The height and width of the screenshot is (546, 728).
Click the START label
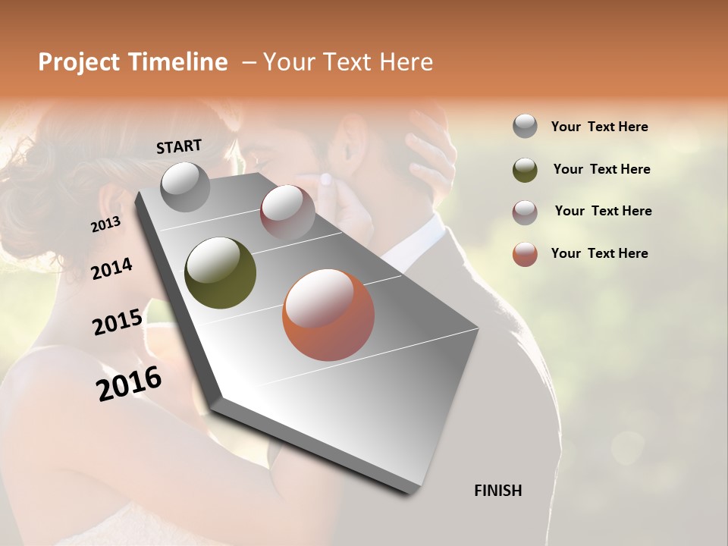click(x=179, y=146)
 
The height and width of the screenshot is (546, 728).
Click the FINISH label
click(x=497, y=491)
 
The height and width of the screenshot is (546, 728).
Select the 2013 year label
click(x=105, y=224)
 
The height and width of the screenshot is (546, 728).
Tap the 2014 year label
click(x=111, y=268)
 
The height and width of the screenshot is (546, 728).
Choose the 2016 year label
click(x=129, y=384)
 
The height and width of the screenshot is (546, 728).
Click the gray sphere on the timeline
click(x=185, y=187)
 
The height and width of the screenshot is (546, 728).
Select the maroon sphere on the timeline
click(x=287, y=212)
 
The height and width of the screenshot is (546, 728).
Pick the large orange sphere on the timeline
click(x=328, y=315)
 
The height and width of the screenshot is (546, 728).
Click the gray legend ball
click(x=525, y=127)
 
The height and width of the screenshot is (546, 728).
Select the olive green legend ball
click(x=525, y=170)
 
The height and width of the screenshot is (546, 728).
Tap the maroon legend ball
click(x=525, y=212)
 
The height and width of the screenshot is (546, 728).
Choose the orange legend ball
click(x=525, y=254)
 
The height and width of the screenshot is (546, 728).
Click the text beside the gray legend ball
click(x=599, y=127)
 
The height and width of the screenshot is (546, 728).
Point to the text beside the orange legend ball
click(x=599, y=253)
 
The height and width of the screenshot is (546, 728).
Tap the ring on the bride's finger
click(x=326, y=180)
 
